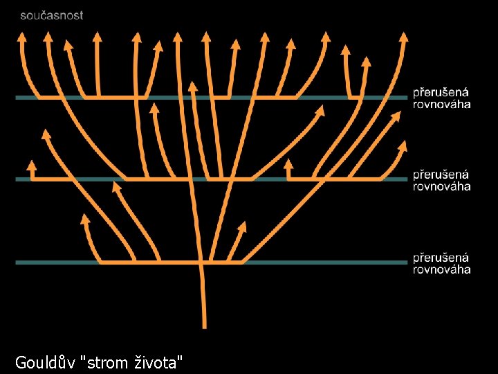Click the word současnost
click(x=52, y=15)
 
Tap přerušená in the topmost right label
click(x=441, y=93)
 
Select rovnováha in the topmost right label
click(x=442, y=104)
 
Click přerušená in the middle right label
click(x=441, y=175)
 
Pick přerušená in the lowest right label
click(x=441, y=258)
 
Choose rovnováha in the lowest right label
click(x=442, y=269)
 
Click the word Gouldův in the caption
click(x=45, y=362)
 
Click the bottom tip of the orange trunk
click(x=204, y=326)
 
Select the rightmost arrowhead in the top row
click(x=404, y=35)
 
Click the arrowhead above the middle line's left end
click(x=31, y=165)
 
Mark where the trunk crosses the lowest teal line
click(x=201, y=262)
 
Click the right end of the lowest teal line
click(x=406, y=262)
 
